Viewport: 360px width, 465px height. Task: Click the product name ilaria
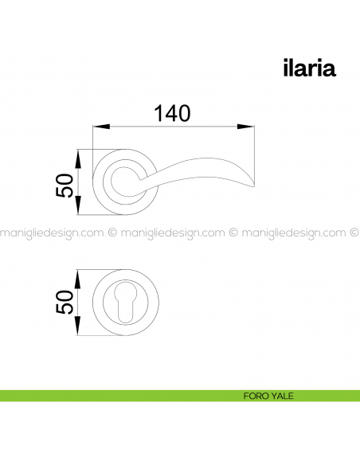click(x=309, y=68)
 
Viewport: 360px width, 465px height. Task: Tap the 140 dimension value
click(x=172, y=113)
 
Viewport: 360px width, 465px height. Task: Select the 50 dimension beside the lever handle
click(x=65, y=186)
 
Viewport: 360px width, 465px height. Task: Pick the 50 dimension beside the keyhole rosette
click(x=65, y=302)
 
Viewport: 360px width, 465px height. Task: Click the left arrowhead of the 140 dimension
click(x=101, y=127)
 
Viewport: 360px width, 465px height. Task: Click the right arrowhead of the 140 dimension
click(x=246, y=127)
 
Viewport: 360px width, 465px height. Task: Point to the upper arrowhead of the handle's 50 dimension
click(x=78, y=159)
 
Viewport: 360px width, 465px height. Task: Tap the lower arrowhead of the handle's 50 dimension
click(x=78, y=205)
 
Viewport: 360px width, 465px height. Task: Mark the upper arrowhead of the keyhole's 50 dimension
click(x=78, y=279)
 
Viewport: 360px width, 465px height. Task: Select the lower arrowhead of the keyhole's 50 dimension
click(x=78, y=326)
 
